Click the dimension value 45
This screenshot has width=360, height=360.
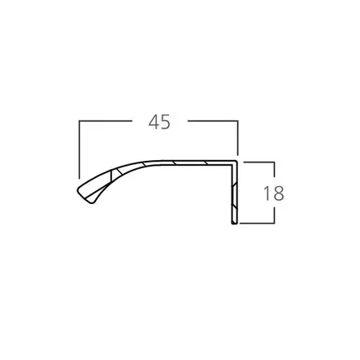(x=159, y=122)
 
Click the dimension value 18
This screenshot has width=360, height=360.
(x=274, y=193)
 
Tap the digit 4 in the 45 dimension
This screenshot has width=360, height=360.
(x=154, y=122)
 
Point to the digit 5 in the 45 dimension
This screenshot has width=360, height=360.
(x=166, y=122)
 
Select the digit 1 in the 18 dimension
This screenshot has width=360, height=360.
(x=267, y=193)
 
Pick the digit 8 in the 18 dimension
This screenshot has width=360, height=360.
(x=278, y=193)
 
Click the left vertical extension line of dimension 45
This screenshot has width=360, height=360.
(x=79, y=150)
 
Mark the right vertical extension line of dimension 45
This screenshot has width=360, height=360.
(x=237, y=137)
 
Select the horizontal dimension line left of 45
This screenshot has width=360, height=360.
(x=106, y=121)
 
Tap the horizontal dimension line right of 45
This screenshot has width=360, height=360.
(x=213, y=121)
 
